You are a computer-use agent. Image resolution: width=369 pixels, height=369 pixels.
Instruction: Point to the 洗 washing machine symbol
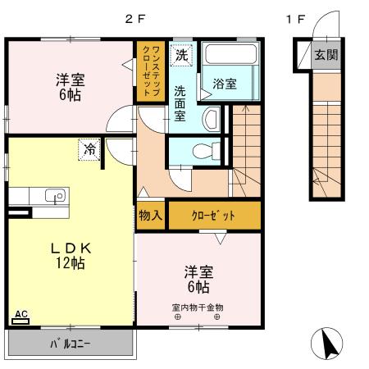point(181,55)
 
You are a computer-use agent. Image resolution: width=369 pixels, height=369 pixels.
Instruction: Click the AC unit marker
point(22,315)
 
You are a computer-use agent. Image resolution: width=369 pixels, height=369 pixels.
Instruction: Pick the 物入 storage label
point(149,216)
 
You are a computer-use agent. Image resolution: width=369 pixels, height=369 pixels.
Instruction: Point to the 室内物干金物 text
point(198,307)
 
